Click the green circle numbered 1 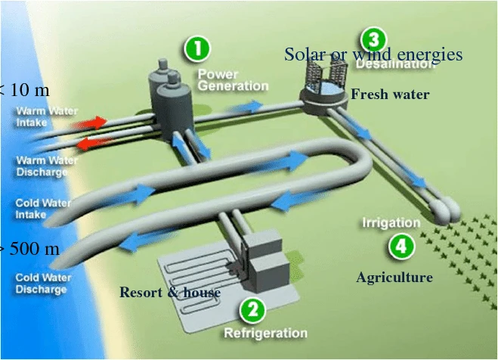pyautogui.click(x=199, y=50)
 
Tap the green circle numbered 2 pyautogui.click(x=253, y=308)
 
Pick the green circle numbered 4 pyautogui.click(x=401, y=246)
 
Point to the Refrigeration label pyautogui.click(x=265, y=333)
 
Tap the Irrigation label pyautogui.click(x=391, y=223)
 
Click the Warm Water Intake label pyautogui.click(x=47, y=116)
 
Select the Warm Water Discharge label pyautogui.click(x=47, y=166)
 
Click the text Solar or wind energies pyautogui.click(x=373, y=54)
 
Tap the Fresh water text pyautogui.click(x=390, y=95)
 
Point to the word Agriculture pyautogui.click(x=394, y=278)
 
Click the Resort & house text pyautogui.click(x=170, y=293)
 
